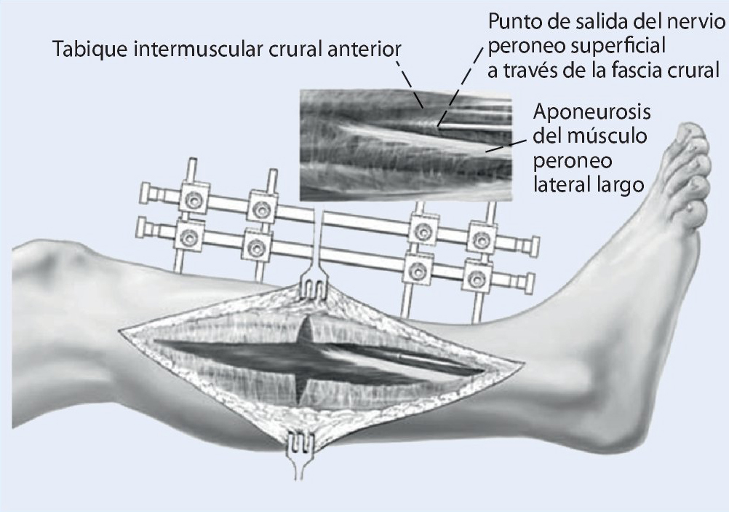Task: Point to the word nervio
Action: [693, 20]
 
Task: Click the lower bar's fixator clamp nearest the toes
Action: [476, 276]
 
